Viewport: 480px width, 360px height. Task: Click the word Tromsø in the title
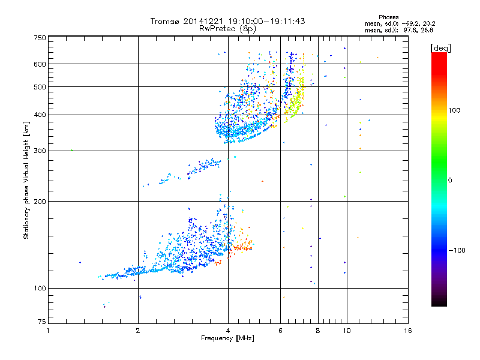(x=165, y=21)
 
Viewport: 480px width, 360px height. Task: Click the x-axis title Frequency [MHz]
(x=228, y=339)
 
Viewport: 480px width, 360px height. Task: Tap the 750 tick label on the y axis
(x=39, y=38)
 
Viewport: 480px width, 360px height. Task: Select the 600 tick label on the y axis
(x=39, y=64)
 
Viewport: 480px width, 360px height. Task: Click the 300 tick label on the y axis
(x=39, y=151)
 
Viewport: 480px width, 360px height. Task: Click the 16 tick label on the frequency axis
(x=408, y=331)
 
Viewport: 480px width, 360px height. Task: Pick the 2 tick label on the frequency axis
(x=138, y=331)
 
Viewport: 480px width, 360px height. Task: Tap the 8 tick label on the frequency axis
(x=318, y=331)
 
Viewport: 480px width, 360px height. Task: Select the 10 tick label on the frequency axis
(x=346, y=331)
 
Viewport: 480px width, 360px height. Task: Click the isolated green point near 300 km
(x=71, y=150)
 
